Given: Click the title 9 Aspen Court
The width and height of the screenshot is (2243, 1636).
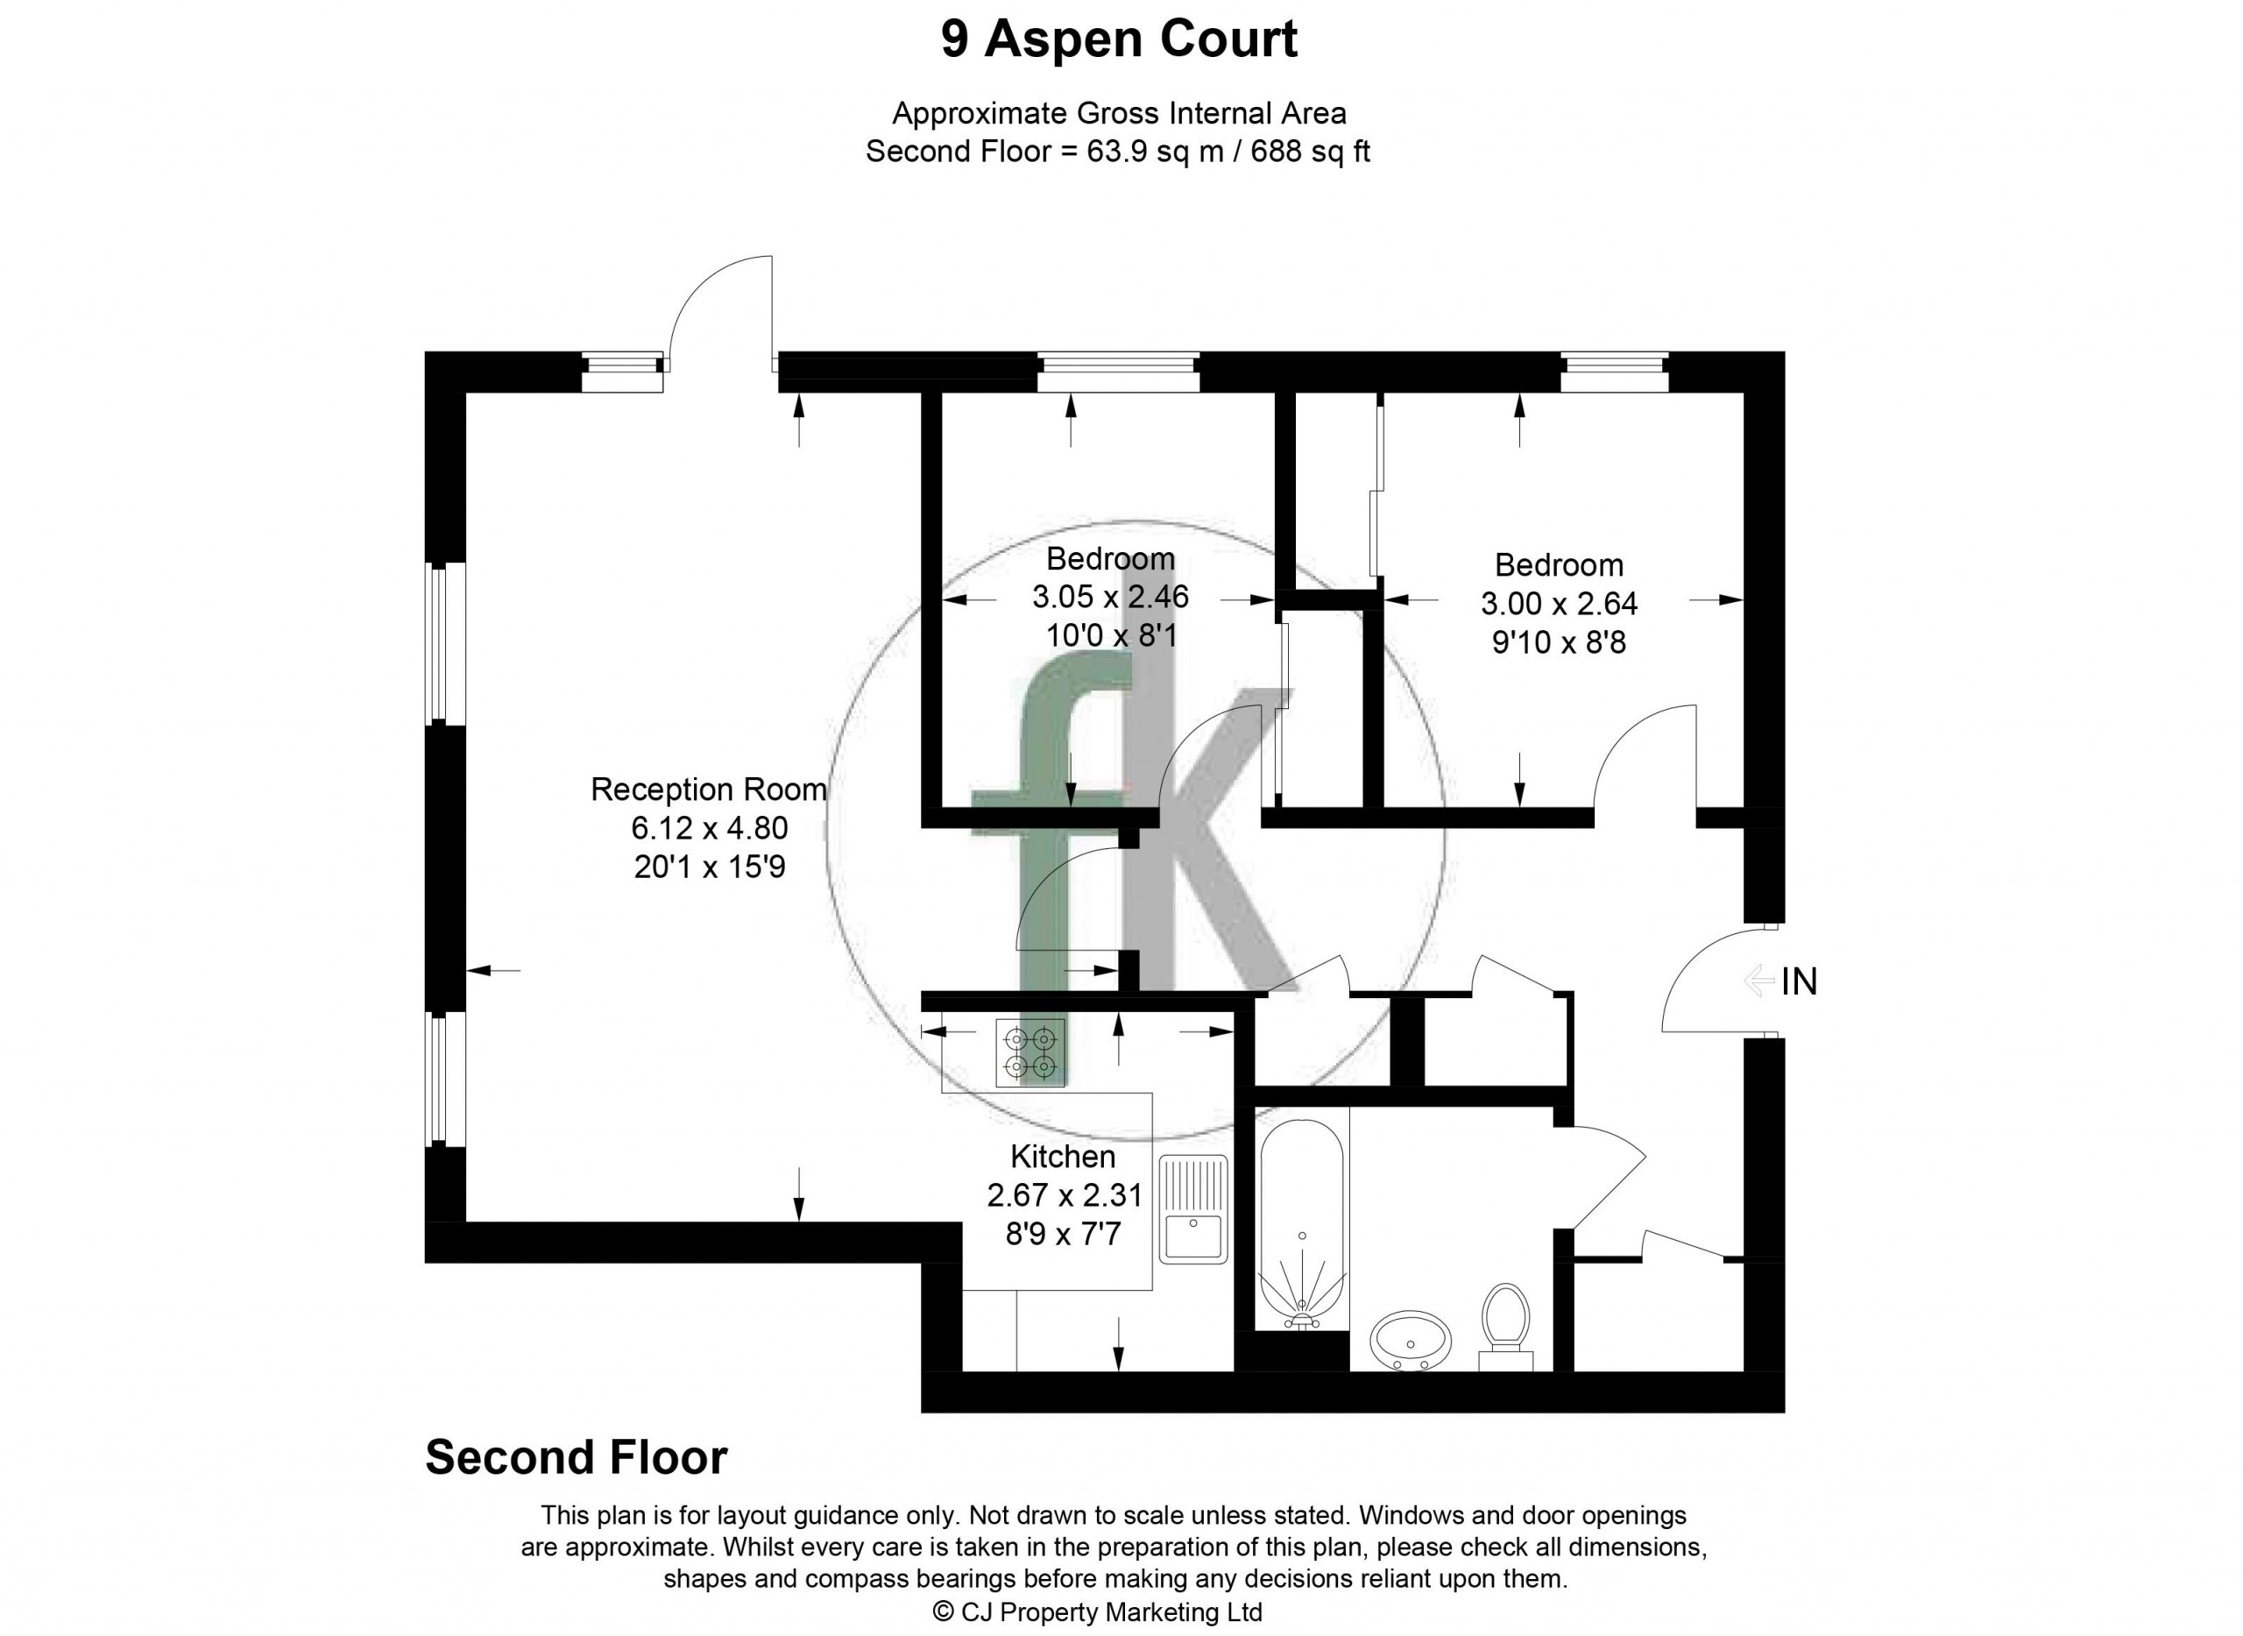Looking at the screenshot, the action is pyautogui.click(x=1119, y=39).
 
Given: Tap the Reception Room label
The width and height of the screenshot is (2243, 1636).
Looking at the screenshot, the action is pyautogui.click(x=708, y=790).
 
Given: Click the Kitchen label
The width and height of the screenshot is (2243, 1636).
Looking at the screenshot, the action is pyautogui.click(x=1063, y=1157).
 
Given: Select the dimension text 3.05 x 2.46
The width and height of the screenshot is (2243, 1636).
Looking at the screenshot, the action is pyautogui.click(x=1110, y=597).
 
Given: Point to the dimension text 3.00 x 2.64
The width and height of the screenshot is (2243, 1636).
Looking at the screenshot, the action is pyautogui.click(x=1559, y=603).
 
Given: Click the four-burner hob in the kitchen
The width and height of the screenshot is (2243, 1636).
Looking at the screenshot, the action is pyautogui.click(x=1030, y=1052).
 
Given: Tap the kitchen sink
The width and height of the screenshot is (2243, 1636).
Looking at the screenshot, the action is pyautogui.click(x=1193, y=1209).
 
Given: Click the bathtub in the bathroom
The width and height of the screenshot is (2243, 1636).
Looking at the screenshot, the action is pyautogui.click(x=1301, y=1224).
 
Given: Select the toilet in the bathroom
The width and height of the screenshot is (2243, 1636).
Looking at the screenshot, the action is pyautogui.click(x=1505, y=1326).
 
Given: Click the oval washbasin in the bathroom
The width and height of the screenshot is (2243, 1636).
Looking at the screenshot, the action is pyautogui.click(x=1410, y=1340).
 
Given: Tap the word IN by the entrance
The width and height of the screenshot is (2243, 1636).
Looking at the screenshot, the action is pyautogui.click(x=1800, y=981).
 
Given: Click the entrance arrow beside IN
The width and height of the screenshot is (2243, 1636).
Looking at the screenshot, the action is pyautogui.click(x=1758, y=981).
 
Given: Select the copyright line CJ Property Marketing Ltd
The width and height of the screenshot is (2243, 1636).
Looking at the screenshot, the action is pyautogui.click(x=1098, y=1611).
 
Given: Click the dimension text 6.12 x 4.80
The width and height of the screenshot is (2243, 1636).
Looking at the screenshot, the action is pyautogui.click(x=709, y=828).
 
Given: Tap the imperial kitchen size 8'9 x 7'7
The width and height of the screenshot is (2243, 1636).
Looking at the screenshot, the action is pyautogui.click(x=1063, y=1235).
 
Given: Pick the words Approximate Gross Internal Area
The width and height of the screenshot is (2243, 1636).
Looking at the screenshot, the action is pyautogui.click(x=1119, y=114).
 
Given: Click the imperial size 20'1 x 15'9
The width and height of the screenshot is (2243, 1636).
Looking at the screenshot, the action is pyautogui.click(x=709, y=868).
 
